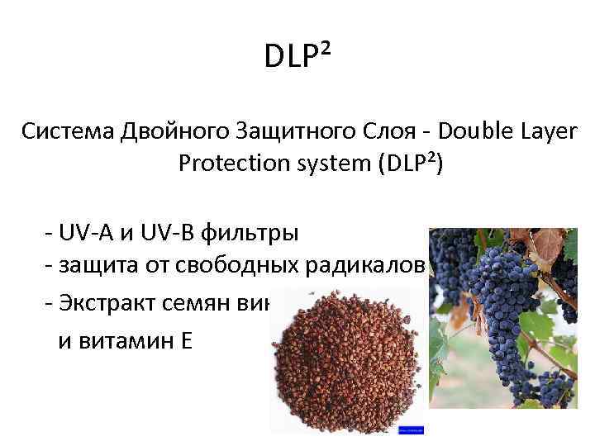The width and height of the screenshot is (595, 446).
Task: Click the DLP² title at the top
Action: (x=297, y=57)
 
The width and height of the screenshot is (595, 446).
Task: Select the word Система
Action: (x=70, y=131)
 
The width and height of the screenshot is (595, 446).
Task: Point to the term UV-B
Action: (x=160, y=233)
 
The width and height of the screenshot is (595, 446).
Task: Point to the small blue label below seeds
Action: (x=411, y=430)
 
